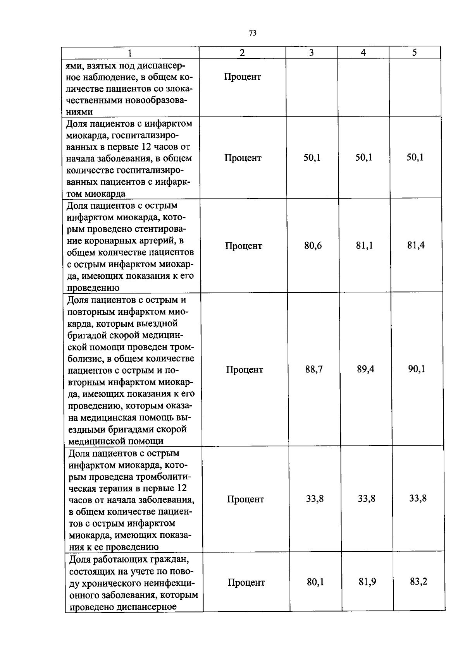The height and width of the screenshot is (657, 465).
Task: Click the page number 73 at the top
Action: (252, 33)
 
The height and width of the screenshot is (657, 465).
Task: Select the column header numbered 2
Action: (242, 53)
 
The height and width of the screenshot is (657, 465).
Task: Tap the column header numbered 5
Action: (414, 53)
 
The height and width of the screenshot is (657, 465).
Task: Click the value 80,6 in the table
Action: (313, 245)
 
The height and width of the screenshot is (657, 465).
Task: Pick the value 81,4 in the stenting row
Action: (416, 245)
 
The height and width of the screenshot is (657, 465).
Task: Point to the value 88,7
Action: (314, 369)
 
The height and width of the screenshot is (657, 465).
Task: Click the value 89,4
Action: (365, 369)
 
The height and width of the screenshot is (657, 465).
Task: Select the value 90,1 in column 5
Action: (417, 369)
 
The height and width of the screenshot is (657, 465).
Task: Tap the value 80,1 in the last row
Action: (315, 582)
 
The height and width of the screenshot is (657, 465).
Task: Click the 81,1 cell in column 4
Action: (364, 245)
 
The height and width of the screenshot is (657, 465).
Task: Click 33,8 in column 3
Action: (315, 499)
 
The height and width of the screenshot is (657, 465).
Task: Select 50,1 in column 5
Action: (415, 157)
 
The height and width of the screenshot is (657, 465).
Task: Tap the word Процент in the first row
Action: (242, 77)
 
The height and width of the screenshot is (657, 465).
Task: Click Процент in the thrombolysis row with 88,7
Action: (245, 370)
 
